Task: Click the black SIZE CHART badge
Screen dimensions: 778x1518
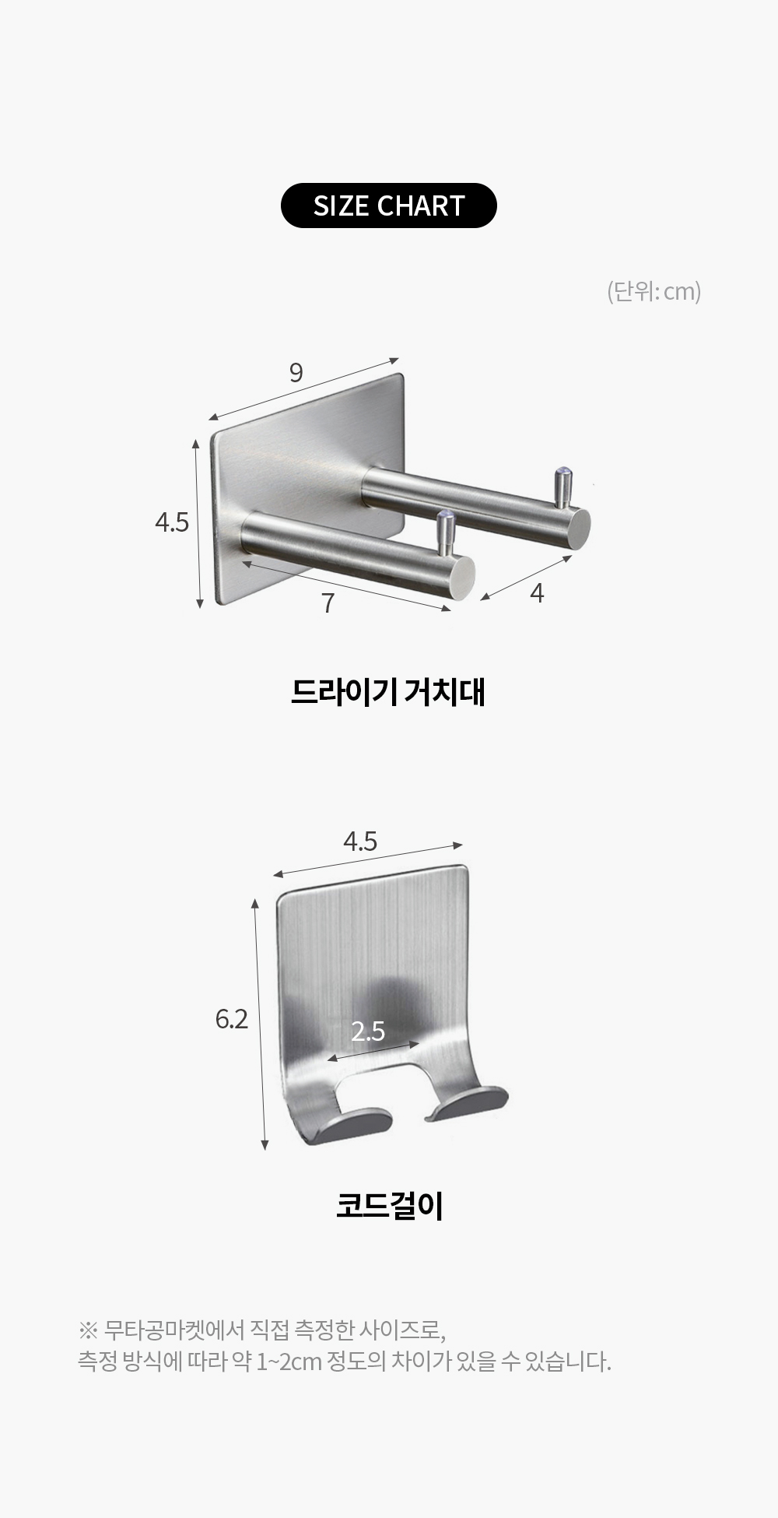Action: coord(389,206)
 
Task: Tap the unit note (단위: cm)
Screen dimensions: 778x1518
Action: coord(654,291)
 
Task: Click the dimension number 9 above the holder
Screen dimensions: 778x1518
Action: coord(296,373)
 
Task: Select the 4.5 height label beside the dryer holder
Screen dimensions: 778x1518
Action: coord(172,522)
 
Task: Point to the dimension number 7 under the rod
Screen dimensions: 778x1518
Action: coord(328,603)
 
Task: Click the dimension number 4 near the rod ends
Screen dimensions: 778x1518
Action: coord(537,593)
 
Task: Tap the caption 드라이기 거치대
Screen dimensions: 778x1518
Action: coord(388,691)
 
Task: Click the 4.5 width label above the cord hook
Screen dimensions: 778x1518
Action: coord(360,841)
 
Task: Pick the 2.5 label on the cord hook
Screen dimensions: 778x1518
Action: coord(368,1031)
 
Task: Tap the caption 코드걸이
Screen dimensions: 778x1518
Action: coord(389,1206)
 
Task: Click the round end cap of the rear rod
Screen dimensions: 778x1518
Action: coord(576,529)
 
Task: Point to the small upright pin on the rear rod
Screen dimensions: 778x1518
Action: coord(562,487)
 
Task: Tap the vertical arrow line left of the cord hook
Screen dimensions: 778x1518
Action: coord(260,1024)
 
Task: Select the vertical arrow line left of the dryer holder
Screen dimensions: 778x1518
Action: coord(198,523)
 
